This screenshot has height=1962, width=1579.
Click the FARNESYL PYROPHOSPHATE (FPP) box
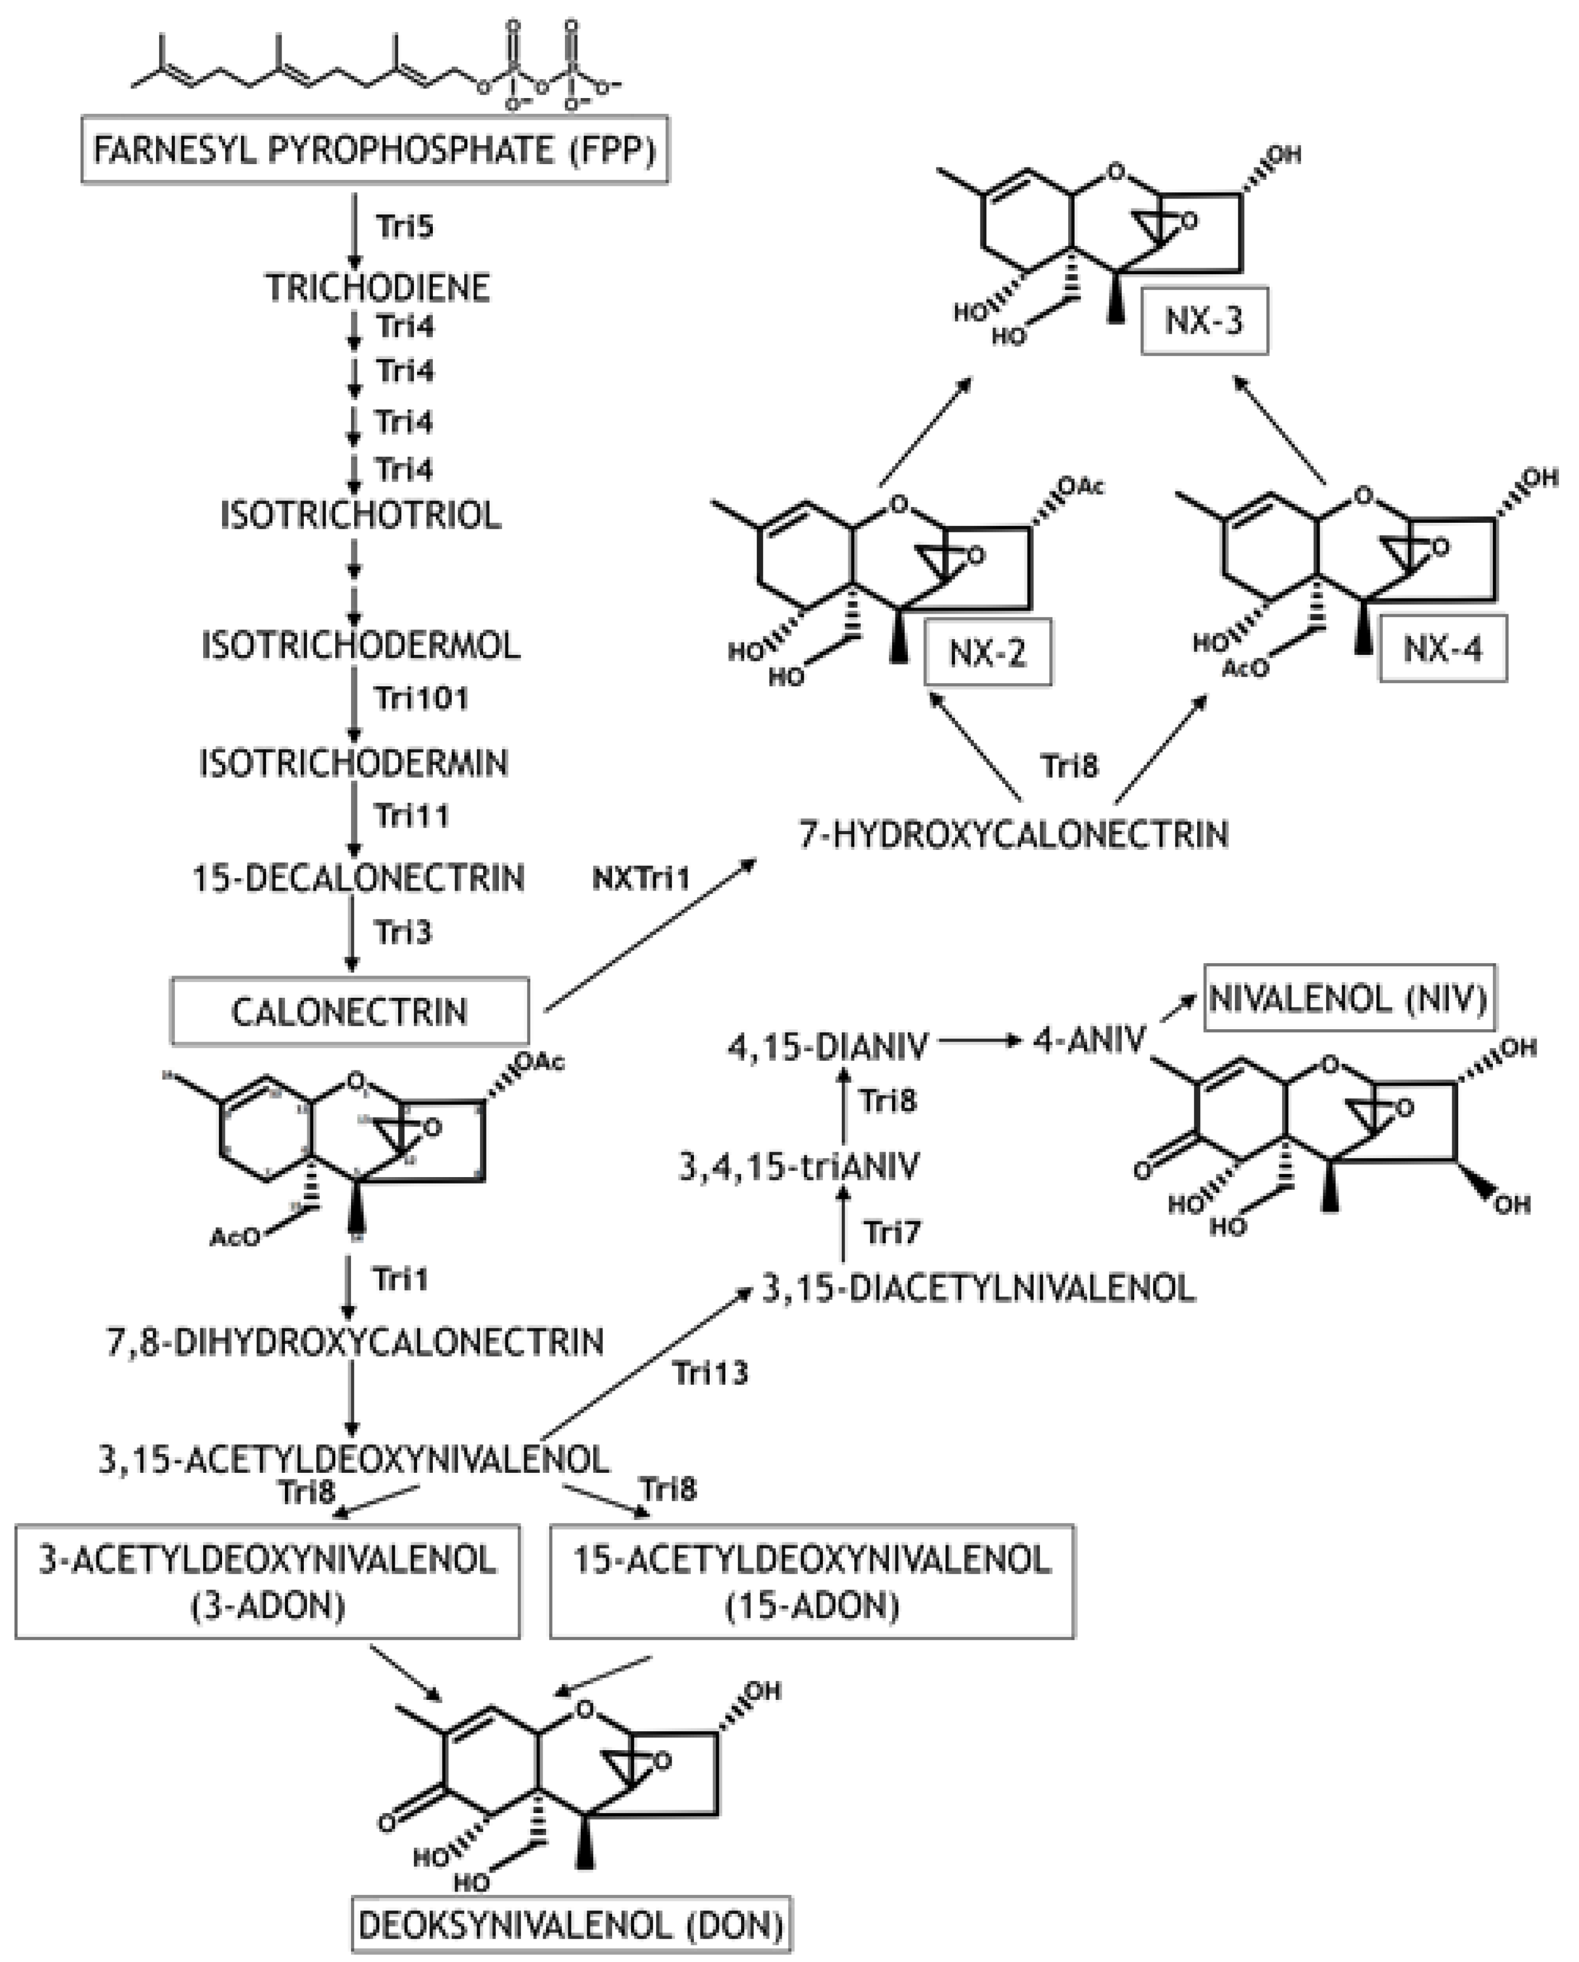point(375,150)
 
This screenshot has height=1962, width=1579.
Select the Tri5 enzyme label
point(404,226)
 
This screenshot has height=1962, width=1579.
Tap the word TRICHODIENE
point(378,289)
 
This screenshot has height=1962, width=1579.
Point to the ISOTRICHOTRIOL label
point(360,516)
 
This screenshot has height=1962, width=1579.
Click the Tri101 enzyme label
point(421,699)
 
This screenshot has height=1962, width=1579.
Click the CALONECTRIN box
point(349,1011)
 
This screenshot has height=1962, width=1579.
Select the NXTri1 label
point(641,879)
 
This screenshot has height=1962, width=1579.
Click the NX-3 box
point(1203,321)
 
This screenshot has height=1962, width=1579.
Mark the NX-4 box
point(1442,649)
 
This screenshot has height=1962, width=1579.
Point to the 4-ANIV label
point(1088,1040)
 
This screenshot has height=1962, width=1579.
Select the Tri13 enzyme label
point(710,1372)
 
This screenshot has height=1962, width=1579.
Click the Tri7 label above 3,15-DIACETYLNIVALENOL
point(892,1233)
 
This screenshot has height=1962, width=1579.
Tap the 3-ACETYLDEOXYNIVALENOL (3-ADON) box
point(268,1582)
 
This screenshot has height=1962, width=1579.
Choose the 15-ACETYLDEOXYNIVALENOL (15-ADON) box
point(812,1582)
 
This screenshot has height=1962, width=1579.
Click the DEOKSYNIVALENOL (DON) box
point(571,1925)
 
